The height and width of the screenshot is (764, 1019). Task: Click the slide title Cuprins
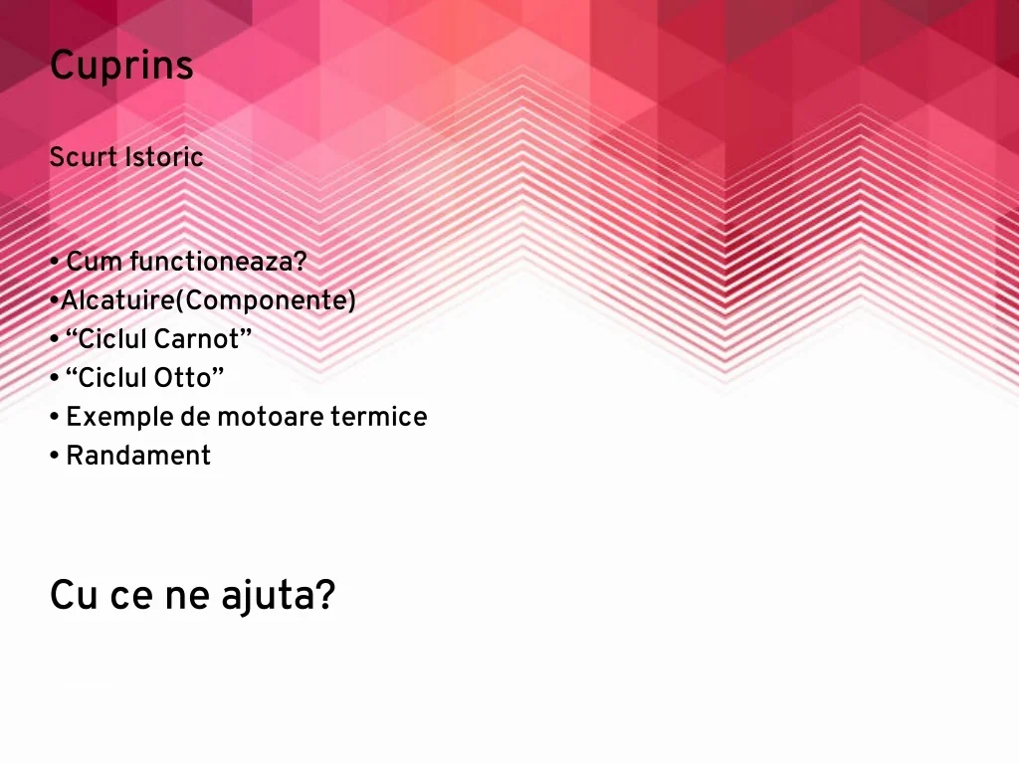(121, 66)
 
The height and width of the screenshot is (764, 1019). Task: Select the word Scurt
(84, 156)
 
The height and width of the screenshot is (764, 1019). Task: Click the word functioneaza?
(218, 262)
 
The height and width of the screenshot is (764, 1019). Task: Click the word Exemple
(119, 418)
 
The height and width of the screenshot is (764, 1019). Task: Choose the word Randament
(138, 456)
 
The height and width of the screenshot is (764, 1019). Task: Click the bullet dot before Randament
(55, 456)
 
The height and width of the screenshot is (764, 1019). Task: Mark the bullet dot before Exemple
(55, 417)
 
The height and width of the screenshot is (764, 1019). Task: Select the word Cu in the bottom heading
(74, 595)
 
